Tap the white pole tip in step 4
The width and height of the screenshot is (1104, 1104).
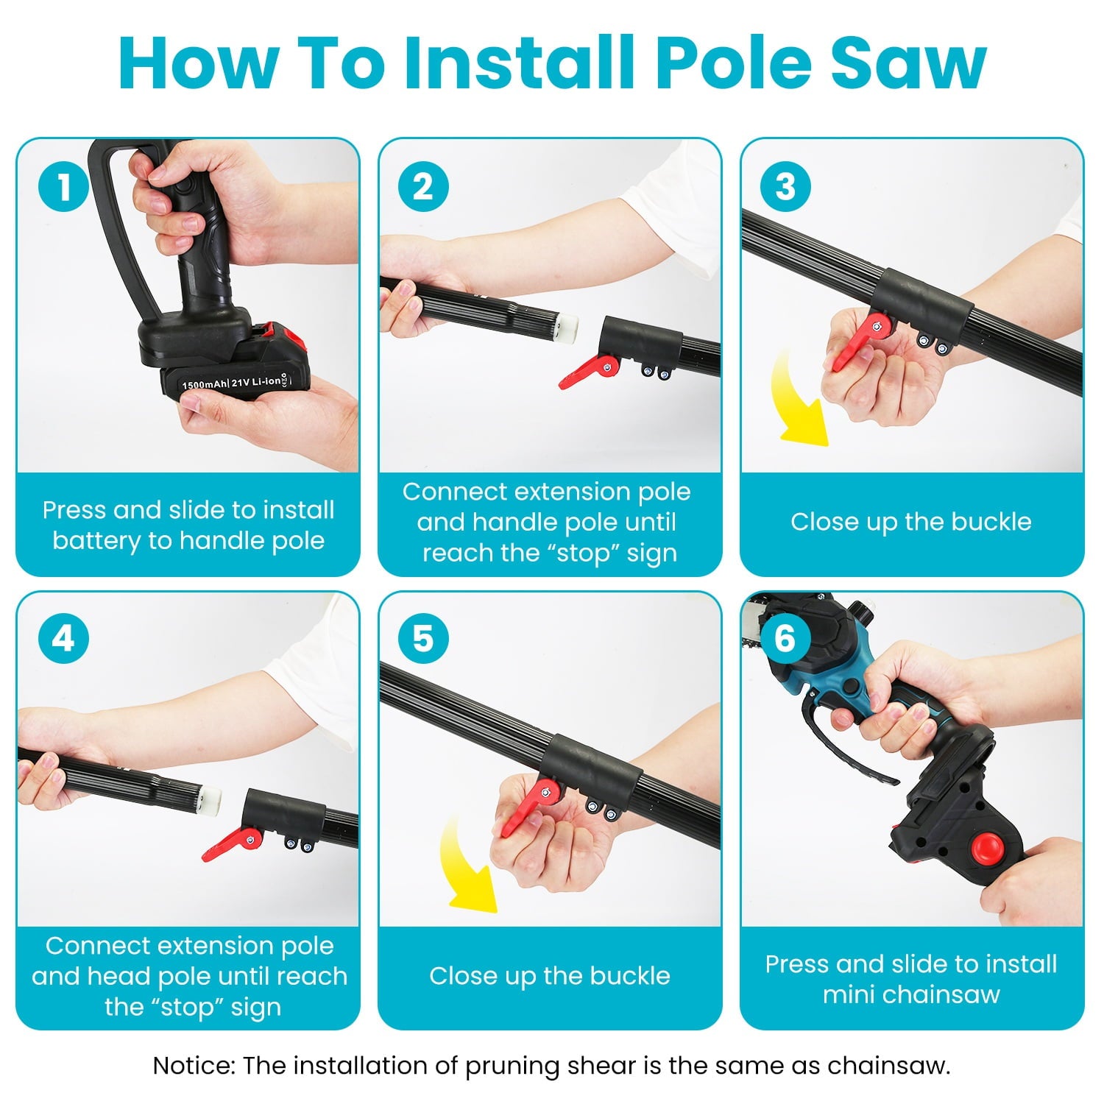point(209,797)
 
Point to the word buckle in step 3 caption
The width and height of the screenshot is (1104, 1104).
point(991,522)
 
